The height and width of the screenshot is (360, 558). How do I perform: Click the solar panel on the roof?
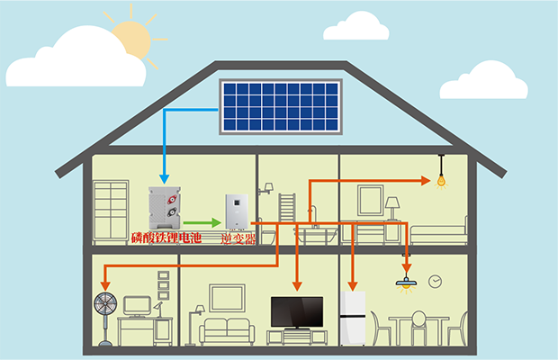click(x=281, y=105)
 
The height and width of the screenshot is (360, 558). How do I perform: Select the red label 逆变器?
click(x=238, y=238)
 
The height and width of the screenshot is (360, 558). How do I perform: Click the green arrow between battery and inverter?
click(x=203, y=222)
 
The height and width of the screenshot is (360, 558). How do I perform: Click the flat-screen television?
click(x=296, y=311)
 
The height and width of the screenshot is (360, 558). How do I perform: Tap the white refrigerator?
click(x=354, y=317)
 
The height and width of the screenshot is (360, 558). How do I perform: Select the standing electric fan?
click(x=105, y=310)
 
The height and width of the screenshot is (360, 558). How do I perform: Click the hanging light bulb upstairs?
click(x=442, y=177)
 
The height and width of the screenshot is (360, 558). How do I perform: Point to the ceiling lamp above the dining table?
click(x=407, y=283)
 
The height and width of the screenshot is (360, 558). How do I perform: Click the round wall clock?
click(x=436, y=282)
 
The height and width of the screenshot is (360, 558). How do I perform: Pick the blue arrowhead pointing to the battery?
click(x=164, y=176)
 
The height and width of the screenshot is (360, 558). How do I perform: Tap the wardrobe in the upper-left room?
click(x=111, y=211)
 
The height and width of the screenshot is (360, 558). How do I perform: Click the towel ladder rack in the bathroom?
click(x=286, y=212)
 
